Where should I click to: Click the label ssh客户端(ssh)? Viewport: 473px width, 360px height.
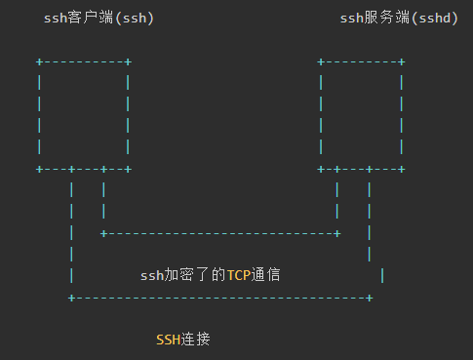[99, 19]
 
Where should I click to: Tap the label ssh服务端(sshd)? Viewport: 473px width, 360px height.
[399, 19]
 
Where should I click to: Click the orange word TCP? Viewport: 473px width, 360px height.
[239, 275]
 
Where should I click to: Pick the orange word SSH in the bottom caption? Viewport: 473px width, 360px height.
[168, 340]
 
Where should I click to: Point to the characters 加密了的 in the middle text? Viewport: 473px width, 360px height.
[195, 275]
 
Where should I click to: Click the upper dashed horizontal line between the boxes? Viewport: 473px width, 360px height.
[220, 233]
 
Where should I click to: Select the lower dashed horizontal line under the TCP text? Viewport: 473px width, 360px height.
[220, 298]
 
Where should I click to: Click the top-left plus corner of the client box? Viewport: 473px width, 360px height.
[39, 61]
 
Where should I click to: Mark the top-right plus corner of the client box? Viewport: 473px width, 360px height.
[128, 61]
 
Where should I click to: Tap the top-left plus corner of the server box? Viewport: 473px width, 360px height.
[321, 61]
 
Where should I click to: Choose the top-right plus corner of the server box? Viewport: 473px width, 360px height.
[402, 61]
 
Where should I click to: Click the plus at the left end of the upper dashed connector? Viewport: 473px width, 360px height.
[103, 233]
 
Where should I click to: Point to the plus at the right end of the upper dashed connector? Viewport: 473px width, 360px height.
[337, 233]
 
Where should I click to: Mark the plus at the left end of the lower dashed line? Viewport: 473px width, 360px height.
[71, 298]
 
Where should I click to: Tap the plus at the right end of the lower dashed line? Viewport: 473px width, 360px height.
[370, 298]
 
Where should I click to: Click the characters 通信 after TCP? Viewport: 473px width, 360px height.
[266, 275]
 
